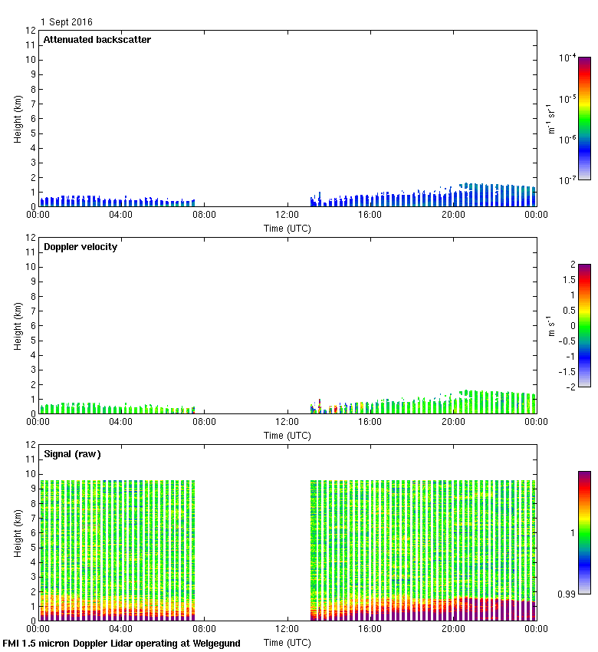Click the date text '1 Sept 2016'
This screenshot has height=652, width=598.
67,22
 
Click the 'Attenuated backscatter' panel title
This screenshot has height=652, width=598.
97,40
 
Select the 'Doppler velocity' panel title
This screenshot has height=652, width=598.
80,247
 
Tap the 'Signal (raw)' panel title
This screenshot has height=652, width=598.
72,454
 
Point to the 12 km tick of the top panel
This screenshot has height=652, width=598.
31,31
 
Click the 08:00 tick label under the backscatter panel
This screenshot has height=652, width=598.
204,215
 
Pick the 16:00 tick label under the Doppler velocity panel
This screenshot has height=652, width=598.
370,422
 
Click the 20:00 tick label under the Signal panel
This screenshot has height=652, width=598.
453,629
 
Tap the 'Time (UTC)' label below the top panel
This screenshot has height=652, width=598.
287,229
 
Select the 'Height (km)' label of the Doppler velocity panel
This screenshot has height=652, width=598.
18,326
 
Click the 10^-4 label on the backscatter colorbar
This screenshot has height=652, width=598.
568,58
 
